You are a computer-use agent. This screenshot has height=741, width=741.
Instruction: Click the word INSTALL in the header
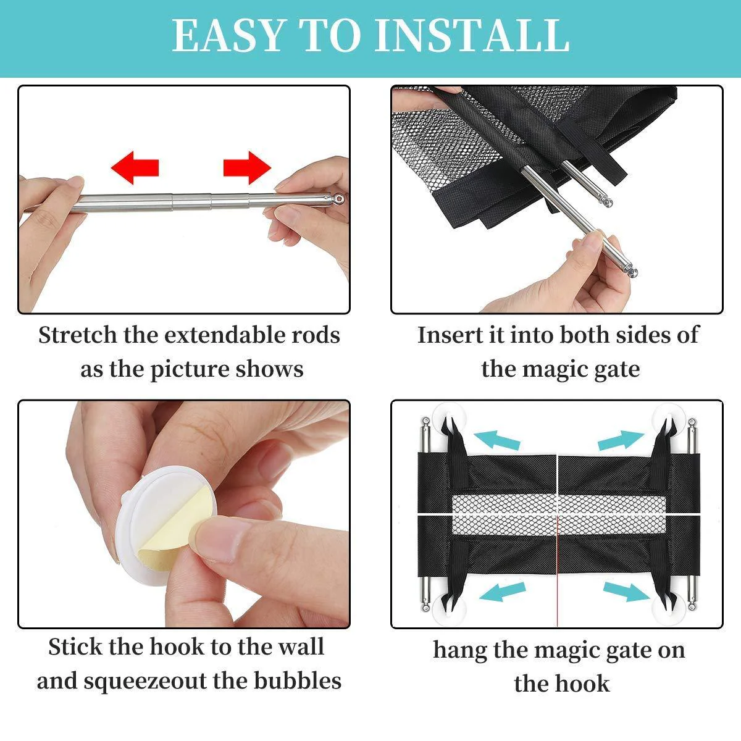(471, 35)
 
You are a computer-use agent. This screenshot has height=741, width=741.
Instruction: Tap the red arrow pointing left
(135, 168)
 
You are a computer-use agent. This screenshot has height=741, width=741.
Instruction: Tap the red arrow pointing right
(247, 168)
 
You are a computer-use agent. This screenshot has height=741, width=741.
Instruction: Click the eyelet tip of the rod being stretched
(339, 198)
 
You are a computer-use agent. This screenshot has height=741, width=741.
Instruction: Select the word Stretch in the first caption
(78, 335)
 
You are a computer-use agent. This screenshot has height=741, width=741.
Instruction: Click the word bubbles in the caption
(298, 680)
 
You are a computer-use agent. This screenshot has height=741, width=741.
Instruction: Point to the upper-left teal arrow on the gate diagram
(497, 440)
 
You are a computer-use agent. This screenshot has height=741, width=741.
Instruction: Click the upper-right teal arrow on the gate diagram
(621, 440)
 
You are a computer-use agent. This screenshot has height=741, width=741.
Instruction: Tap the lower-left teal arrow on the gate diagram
(502, 592)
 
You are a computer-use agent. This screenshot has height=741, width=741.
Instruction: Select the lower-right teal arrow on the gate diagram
(627, 592)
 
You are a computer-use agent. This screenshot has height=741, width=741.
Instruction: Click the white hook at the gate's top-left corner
(448, 417)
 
